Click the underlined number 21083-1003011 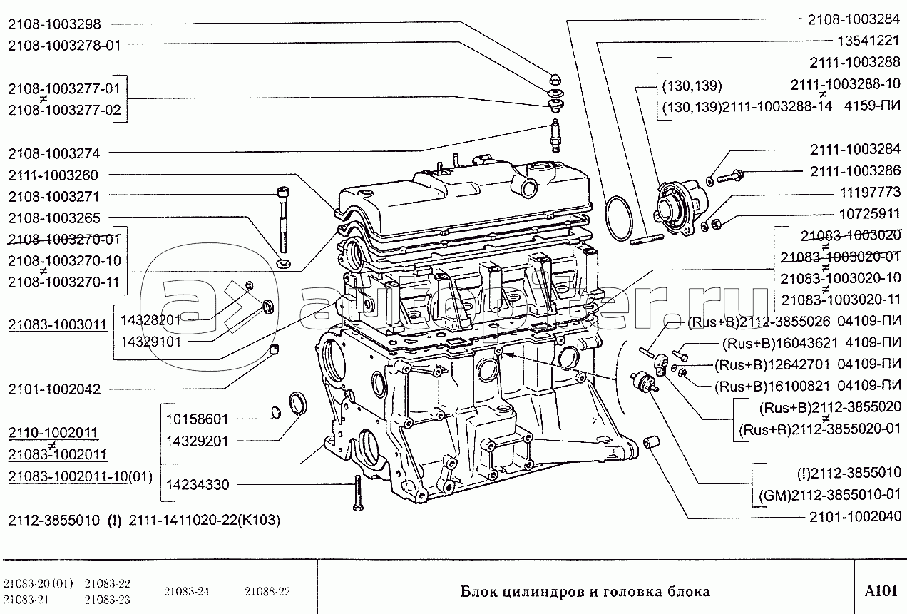[57, 324]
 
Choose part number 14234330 [198, 485]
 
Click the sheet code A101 [880, 591]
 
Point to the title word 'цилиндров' [545, 591]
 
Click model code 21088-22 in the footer [267, 591]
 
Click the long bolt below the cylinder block [354, 492]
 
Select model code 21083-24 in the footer [187, 591]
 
